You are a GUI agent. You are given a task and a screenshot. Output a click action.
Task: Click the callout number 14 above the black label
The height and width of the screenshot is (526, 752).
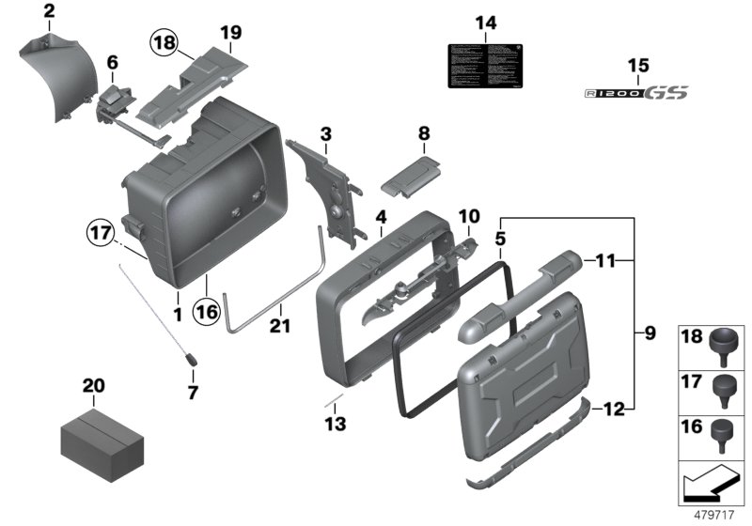point(485,23)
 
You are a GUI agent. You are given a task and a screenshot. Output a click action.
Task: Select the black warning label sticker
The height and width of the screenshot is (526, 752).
point(485,69)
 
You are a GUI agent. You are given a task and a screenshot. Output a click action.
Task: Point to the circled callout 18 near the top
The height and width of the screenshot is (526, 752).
point(164,42)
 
